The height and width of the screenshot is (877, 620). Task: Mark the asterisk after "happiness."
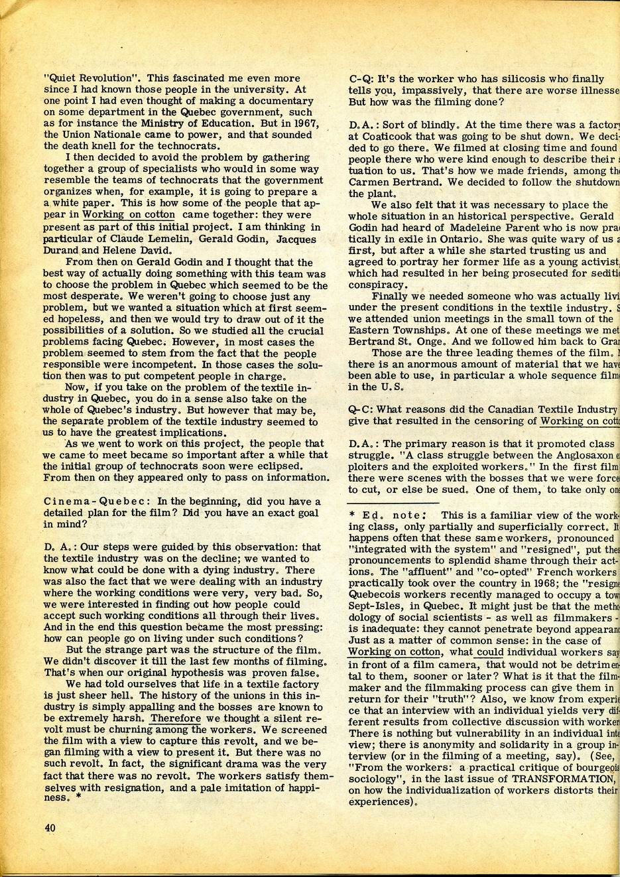[79, 799]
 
